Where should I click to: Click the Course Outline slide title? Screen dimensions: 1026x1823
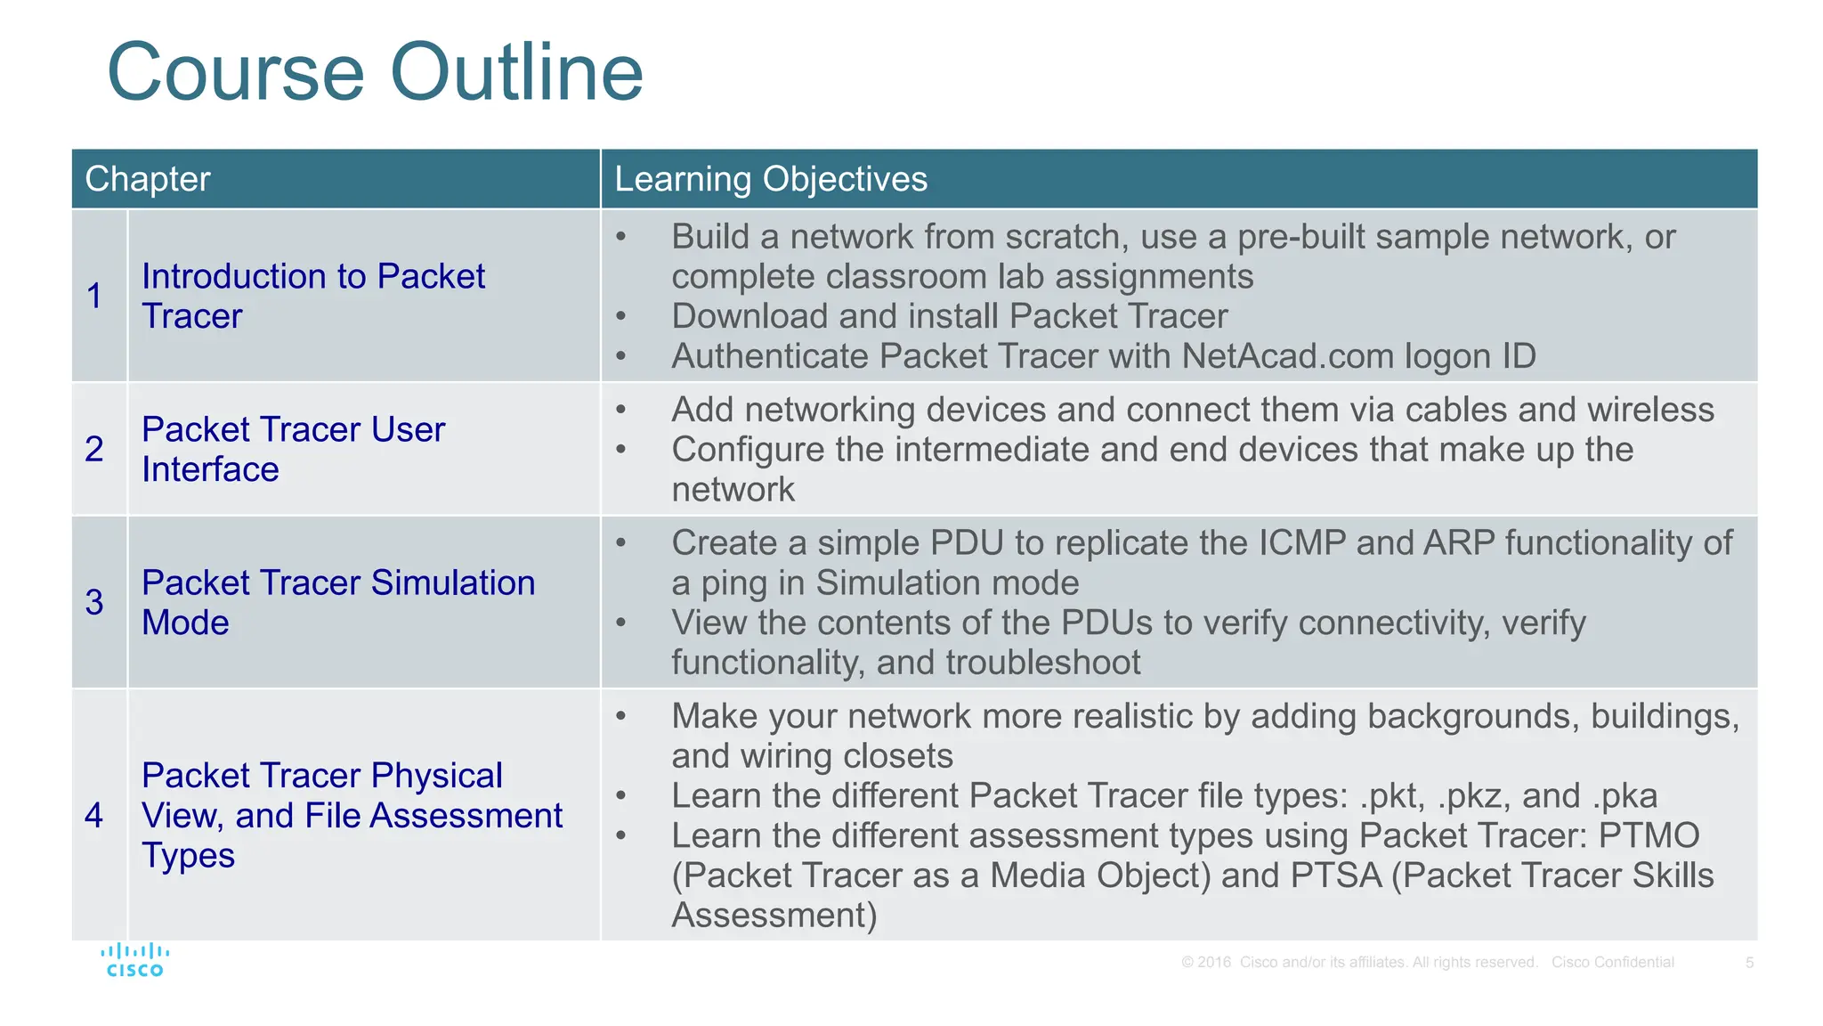375,73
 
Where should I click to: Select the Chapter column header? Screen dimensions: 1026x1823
148,179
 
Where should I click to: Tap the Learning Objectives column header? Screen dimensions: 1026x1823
771,179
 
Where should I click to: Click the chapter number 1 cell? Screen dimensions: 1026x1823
95,296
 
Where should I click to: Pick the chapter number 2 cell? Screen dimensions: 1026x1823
95,449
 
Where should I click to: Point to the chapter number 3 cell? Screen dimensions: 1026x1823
95,602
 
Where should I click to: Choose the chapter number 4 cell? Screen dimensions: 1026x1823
95,815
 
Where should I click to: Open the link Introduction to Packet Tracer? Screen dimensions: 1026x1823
312,296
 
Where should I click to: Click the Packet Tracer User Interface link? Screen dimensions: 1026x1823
293,449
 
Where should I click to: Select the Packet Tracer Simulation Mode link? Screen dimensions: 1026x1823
338,602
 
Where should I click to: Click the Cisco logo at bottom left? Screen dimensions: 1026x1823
134,960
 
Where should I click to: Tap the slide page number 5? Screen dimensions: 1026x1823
1749,963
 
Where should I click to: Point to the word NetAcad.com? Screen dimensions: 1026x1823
1288,356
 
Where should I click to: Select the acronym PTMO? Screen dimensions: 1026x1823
1649,836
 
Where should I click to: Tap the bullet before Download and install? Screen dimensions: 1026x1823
621,317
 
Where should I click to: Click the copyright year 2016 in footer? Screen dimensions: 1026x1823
1214,963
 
